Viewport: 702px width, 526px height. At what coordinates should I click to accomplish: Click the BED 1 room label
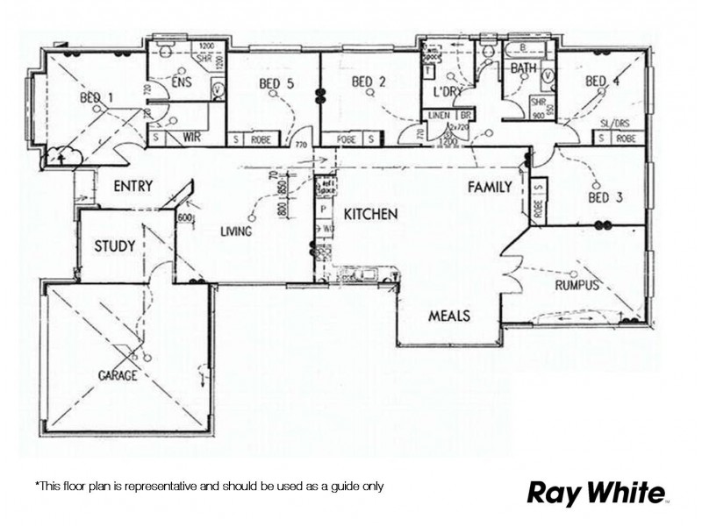97,97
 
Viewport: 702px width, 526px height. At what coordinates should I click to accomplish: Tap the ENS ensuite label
182,82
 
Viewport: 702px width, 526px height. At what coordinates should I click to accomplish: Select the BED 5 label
276,84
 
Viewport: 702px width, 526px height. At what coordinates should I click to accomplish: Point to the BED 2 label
369,82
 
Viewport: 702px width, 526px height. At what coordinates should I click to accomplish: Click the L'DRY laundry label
448,91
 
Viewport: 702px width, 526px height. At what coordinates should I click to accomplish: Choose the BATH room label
524,68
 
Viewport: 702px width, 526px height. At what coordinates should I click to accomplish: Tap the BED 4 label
603,82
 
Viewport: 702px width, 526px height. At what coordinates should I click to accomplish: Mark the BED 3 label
605,197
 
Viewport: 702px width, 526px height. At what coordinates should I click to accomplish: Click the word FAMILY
490,187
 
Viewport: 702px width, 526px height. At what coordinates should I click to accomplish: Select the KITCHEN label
370,214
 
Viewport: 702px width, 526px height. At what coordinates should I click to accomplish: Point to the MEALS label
448,316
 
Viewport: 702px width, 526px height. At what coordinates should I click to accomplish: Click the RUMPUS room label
577,286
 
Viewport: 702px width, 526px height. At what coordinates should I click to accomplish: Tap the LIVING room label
237,231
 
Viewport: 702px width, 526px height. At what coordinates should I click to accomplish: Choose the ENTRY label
133,187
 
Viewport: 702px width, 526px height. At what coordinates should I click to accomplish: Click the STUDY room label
115,246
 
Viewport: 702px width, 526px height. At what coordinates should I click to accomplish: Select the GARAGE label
117,375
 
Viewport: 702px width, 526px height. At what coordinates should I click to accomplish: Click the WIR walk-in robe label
192,137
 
